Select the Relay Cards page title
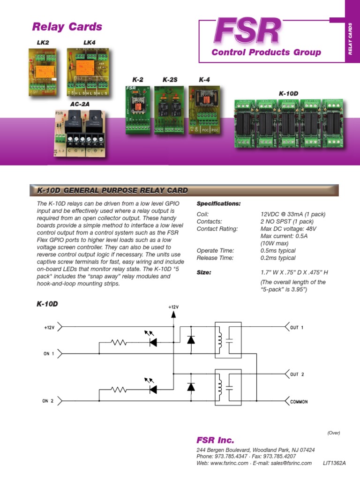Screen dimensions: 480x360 (67, 27)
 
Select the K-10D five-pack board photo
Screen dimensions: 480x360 (288, 124)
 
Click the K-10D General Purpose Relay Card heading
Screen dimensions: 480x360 (112, 190)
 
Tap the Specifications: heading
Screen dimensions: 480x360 (218, 204)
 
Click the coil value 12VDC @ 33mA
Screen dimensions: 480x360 (286, 214)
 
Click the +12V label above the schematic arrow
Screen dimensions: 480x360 (173, 307)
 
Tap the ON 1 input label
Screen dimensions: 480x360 (49, 353)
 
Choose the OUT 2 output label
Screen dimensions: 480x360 (297, 375)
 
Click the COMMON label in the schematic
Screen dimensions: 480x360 (299, 402)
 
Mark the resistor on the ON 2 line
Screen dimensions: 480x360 (119, 389)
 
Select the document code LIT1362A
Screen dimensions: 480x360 (334, 463)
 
